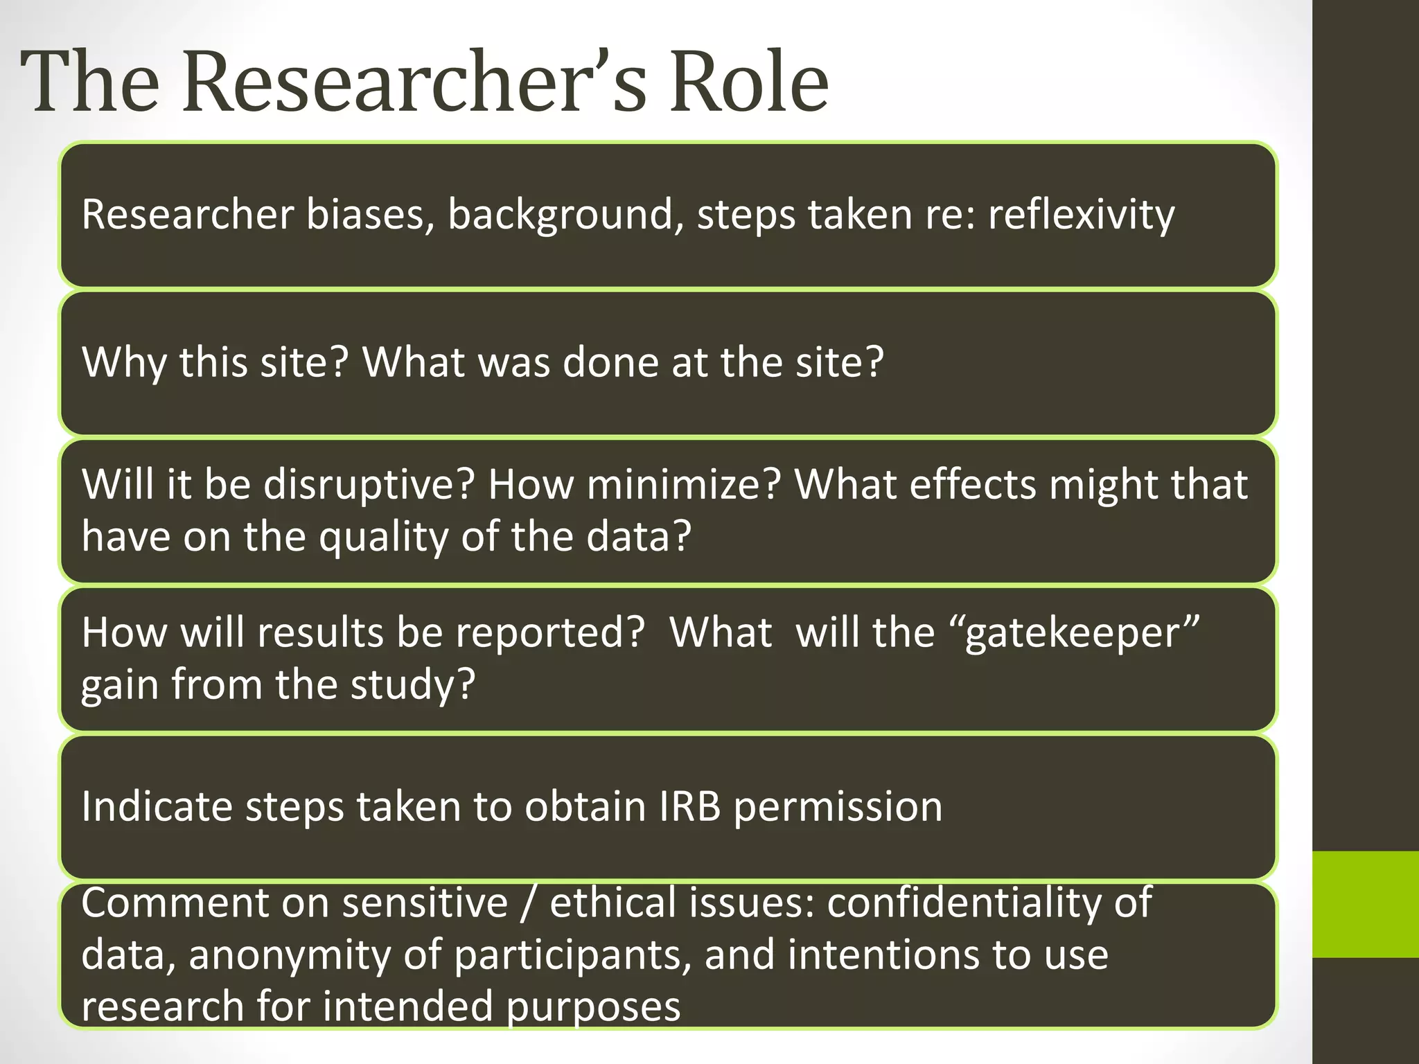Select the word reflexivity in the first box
1081,215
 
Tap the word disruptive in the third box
368,484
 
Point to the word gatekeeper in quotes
1082,633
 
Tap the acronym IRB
689,807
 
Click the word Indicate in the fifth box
157,807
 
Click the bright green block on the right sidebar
1365,905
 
